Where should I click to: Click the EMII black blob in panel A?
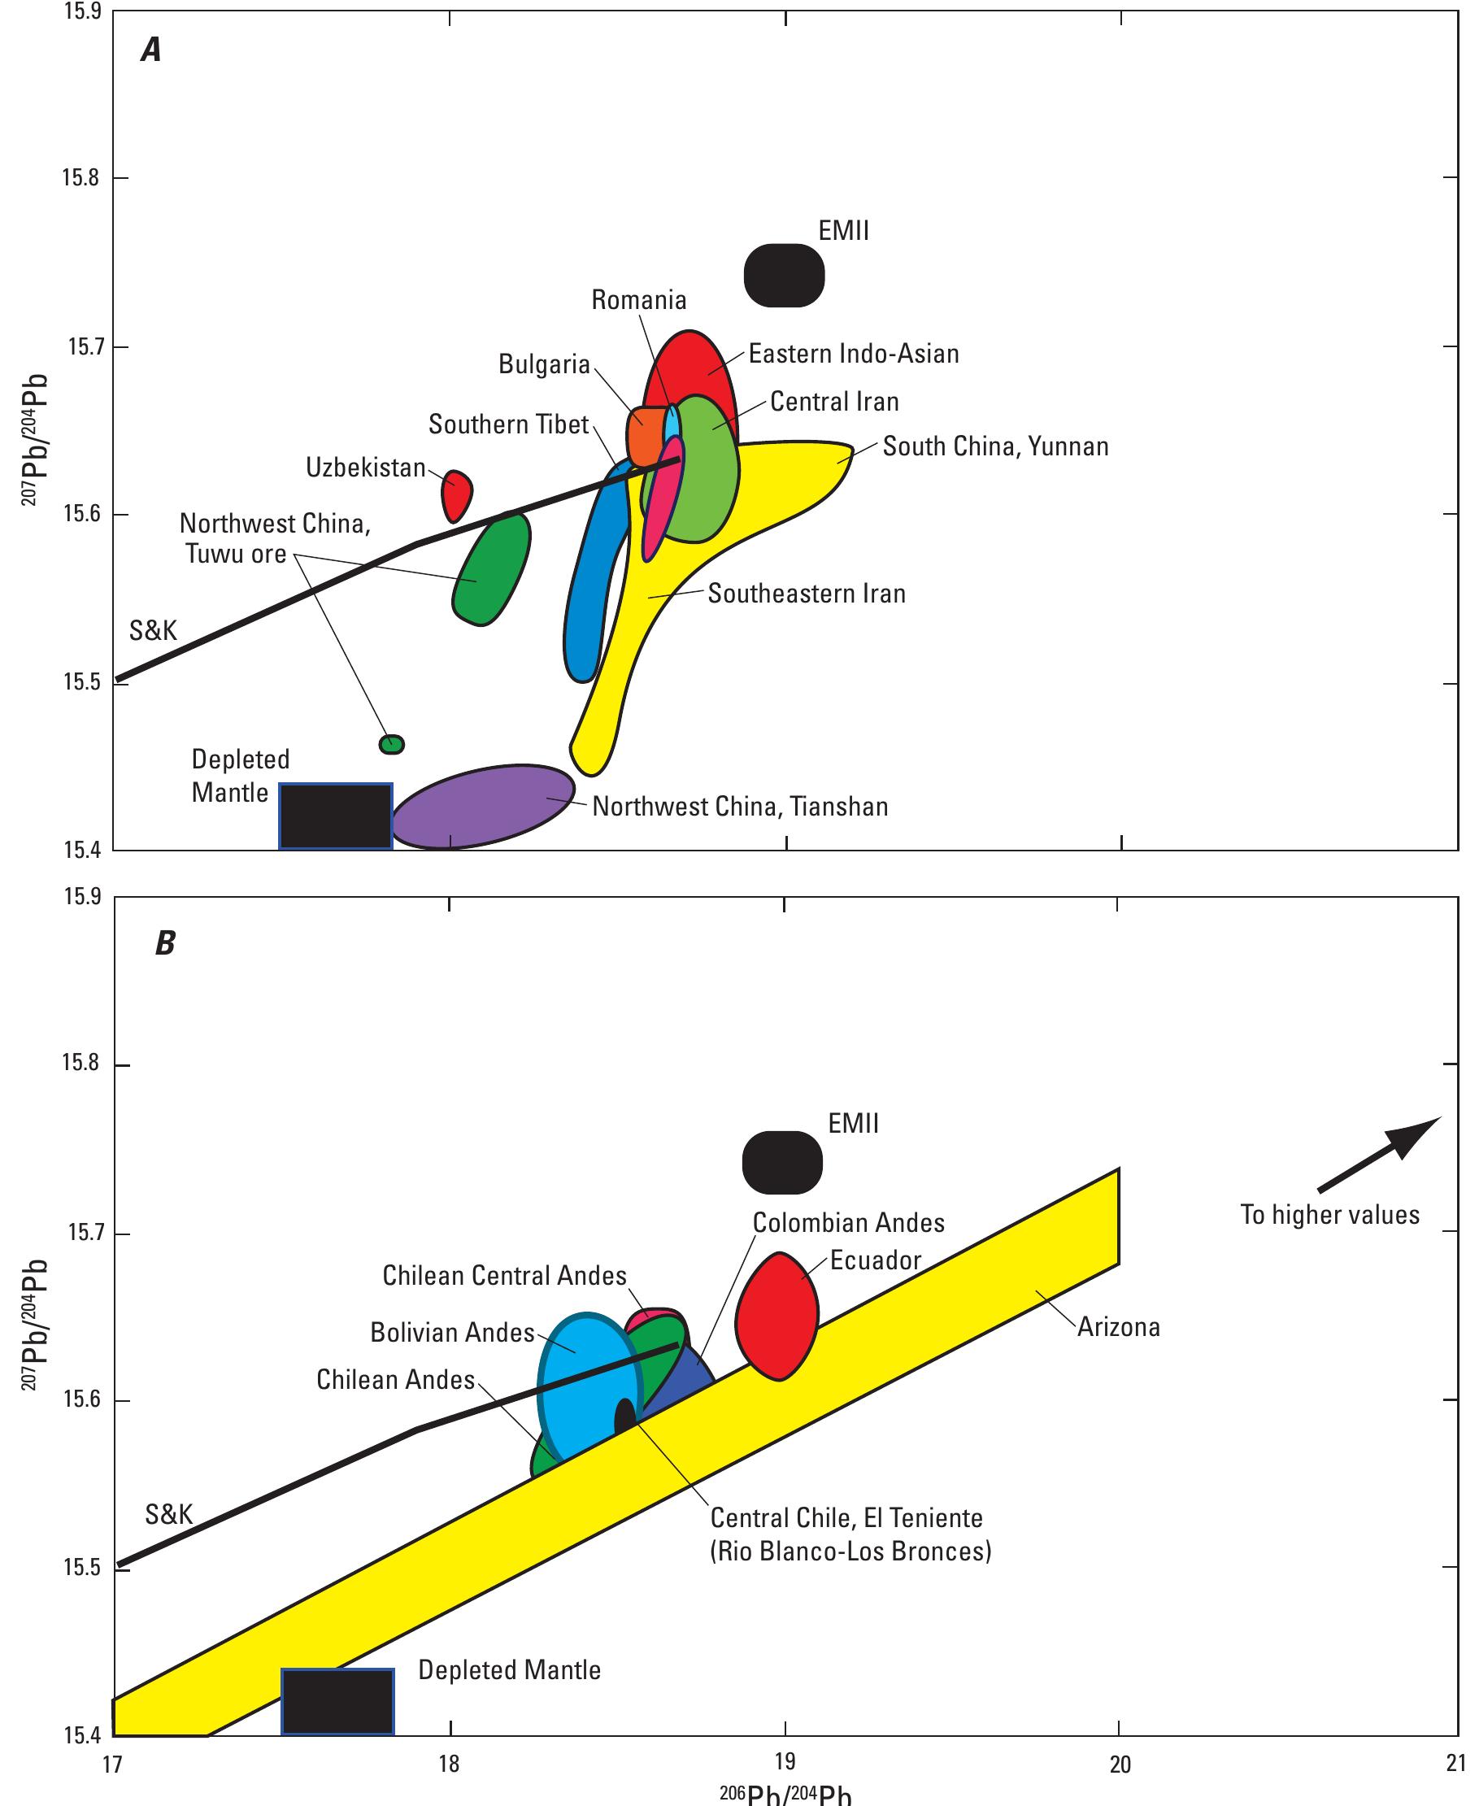tap(784, 275)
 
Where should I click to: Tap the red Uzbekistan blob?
tap(457, 494)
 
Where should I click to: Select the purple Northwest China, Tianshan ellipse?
tap(483, 807)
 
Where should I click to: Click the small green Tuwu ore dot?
tap(391, 745)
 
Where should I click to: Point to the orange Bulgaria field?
tap(643, 436)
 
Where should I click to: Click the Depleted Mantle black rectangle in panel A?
tap(336, 816)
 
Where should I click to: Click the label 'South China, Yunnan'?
tap(995, 446)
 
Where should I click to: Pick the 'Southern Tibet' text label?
tap(509, 424)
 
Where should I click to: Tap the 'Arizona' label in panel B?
tap(1119, 1327)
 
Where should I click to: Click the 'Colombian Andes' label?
tap(849, 1223)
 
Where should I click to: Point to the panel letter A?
tap(150, 52)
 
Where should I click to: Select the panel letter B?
tap(164, 944)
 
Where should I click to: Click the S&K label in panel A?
tap(154, 630)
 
